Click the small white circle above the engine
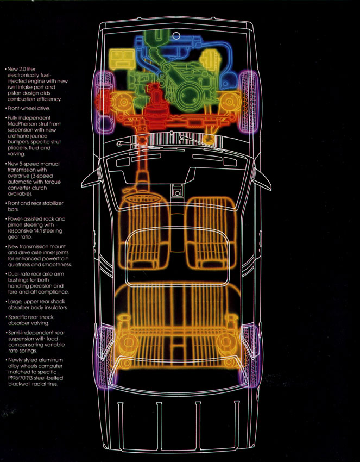point(176,35)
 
